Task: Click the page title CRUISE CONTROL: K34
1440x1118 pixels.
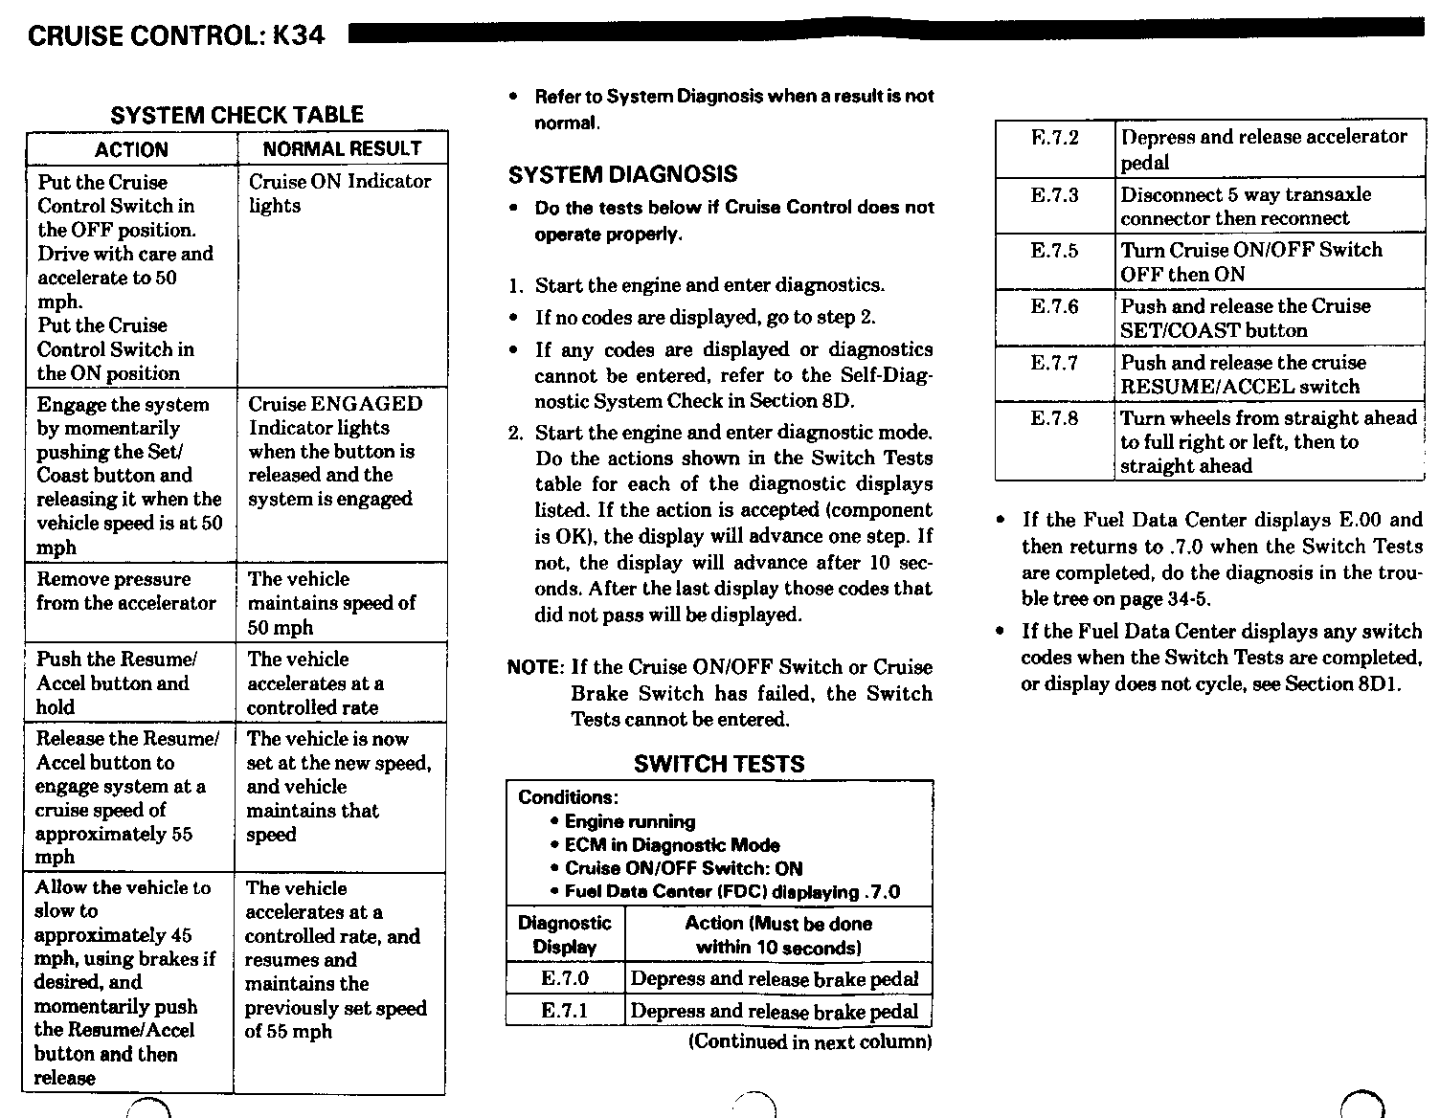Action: [176, 35]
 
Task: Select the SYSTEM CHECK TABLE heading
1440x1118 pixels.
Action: [236, 115]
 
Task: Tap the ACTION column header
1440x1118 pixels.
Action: [131, 149]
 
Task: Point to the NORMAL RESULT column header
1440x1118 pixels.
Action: [342, 148]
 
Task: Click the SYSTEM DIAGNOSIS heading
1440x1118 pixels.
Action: [622, 174]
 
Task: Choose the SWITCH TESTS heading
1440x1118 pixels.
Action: [719, 764]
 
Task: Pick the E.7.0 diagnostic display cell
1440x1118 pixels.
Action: [565, 978]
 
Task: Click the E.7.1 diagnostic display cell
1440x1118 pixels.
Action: [565, 1011]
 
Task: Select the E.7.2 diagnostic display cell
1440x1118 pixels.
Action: [1054, 138]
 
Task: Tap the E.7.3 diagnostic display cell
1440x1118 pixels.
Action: [1054, 195]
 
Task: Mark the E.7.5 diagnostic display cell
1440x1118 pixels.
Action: [1054, 251]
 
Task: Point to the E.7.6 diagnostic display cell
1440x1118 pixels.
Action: [1054, 306]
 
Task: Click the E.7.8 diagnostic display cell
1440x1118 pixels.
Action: [1054, 418]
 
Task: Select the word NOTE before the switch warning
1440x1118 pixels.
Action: [532, 667]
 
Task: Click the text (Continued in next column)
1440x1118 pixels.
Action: [809, 1041]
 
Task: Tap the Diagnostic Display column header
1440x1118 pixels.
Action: [565, 935]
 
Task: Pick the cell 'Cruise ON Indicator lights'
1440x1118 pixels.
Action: [340, 193]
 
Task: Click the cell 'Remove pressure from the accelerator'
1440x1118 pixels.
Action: [126, 592]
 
